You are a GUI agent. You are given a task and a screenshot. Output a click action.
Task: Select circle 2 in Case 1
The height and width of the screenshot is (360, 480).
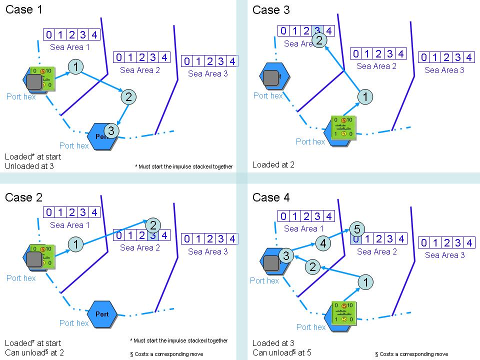click(128, 97)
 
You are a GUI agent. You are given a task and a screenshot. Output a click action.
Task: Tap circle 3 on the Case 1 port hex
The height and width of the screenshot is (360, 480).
click(112, 131)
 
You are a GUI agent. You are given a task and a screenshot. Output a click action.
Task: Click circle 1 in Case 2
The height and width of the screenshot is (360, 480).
click(75, 244)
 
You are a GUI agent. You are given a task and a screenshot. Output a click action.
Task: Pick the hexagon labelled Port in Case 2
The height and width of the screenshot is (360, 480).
click(102, 314)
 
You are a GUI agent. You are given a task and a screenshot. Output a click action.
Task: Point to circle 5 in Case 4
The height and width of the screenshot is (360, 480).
click(356, 229)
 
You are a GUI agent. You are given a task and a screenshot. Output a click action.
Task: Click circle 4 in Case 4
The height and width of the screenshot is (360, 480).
click(323, 243)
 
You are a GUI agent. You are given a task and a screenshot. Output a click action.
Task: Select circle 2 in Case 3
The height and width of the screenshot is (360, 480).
click(319, 40)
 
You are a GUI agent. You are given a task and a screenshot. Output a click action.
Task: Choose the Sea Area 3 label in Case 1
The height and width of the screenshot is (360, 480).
click(208, 74)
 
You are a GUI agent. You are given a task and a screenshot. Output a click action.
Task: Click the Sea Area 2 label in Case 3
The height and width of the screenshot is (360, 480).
click(376, 66)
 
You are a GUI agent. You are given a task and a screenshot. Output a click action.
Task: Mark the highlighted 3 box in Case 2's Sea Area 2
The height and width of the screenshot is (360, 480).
click(153, 235)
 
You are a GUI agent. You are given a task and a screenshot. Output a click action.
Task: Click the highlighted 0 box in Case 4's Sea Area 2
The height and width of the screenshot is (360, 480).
click(355, 238)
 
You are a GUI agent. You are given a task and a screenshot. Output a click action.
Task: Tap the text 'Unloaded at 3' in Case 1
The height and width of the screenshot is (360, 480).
click(29, 166)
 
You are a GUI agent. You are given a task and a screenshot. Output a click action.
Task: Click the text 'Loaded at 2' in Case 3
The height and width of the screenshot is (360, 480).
click(273, 164)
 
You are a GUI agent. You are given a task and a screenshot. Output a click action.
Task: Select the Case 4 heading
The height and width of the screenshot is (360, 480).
click(271, 197)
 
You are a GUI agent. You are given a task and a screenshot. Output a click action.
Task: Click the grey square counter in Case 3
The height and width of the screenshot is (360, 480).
click(270, 77)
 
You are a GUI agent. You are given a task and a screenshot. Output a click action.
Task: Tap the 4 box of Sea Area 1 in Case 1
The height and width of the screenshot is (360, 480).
click(94, 34)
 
